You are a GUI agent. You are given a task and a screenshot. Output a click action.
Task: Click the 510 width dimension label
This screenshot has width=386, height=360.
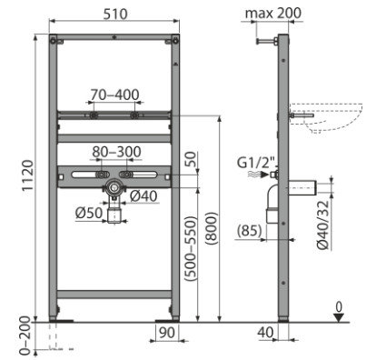click(115, 14)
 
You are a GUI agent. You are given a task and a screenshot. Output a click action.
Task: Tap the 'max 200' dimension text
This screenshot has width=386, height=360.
click(273, 13)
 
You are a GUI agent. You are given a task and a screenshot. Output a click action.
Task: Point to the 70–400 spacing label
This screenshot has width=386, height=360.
click(114, 95)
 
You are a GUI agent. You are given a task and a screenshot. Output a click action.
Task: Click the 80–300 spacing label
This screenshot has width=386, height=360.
click(116, 152)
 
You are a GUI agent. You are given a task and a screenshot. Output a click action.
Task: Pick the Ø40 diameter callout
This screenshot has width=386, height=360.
click(144, 196)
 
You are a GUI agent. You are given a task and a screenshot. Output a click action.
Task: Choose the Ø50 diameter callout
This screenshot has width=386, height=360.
click(89, 213)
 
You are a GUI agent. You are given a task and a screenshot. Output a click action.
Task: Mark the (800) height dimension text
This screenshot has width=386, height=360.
click(212, 228)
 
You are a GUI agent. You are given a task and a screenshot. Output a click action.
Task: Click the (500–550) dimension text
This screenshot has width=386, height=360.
click(191, 248)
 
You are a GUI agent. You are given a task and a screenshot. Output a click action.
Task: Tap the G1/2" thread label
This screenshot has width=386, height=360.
click(257, 163)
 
